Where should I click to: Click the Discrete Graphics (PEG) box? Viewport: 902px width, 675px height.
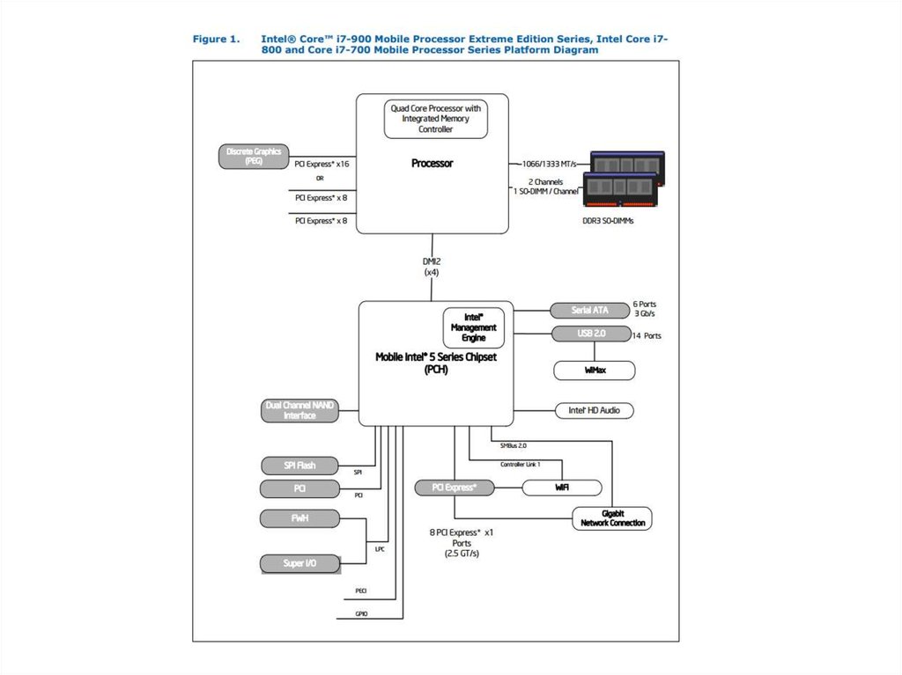[254, 157]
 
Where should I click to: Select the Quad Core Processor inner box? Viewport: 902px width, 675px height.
[436, 119]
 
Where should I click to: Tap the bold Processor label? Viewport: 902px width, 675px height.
[433, 164]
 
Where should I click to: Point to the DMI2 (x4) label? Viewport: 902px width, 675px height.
[433, 267]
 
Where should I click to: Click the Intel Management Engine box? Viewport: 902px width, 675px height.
[474, 327]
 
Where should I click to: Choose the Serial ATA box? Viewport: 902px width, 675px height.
[589, 310]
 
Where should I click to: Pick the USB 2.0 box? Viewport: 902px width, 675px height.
[589, 334]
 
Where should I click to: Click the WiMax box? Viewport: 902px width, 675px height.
[595, 371]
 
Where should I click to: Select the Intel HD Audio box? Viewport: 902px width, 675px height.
[594, 410]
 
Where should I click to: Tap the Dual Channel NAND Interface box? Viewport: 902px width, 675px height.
[299, 410]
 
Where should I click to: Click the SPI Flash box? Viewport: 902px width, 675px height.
[299, 466]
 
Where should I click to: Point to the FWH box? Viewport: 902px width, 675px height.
[299, 518]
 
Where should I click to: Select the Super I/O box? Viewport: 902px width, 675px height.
[299, 563]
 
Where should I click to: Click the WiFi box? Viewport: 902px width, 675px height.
[562, 488]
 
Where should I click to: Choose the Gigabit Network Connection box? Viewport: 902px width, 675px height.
[612, 517]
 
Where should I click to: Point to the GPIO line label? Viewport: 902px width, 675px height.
[361, 613]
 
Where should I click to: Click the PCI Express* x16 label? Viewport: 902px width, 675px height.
[322, 164]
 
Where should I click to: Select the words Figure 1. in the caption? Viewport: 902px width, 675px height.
[216, 39]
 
